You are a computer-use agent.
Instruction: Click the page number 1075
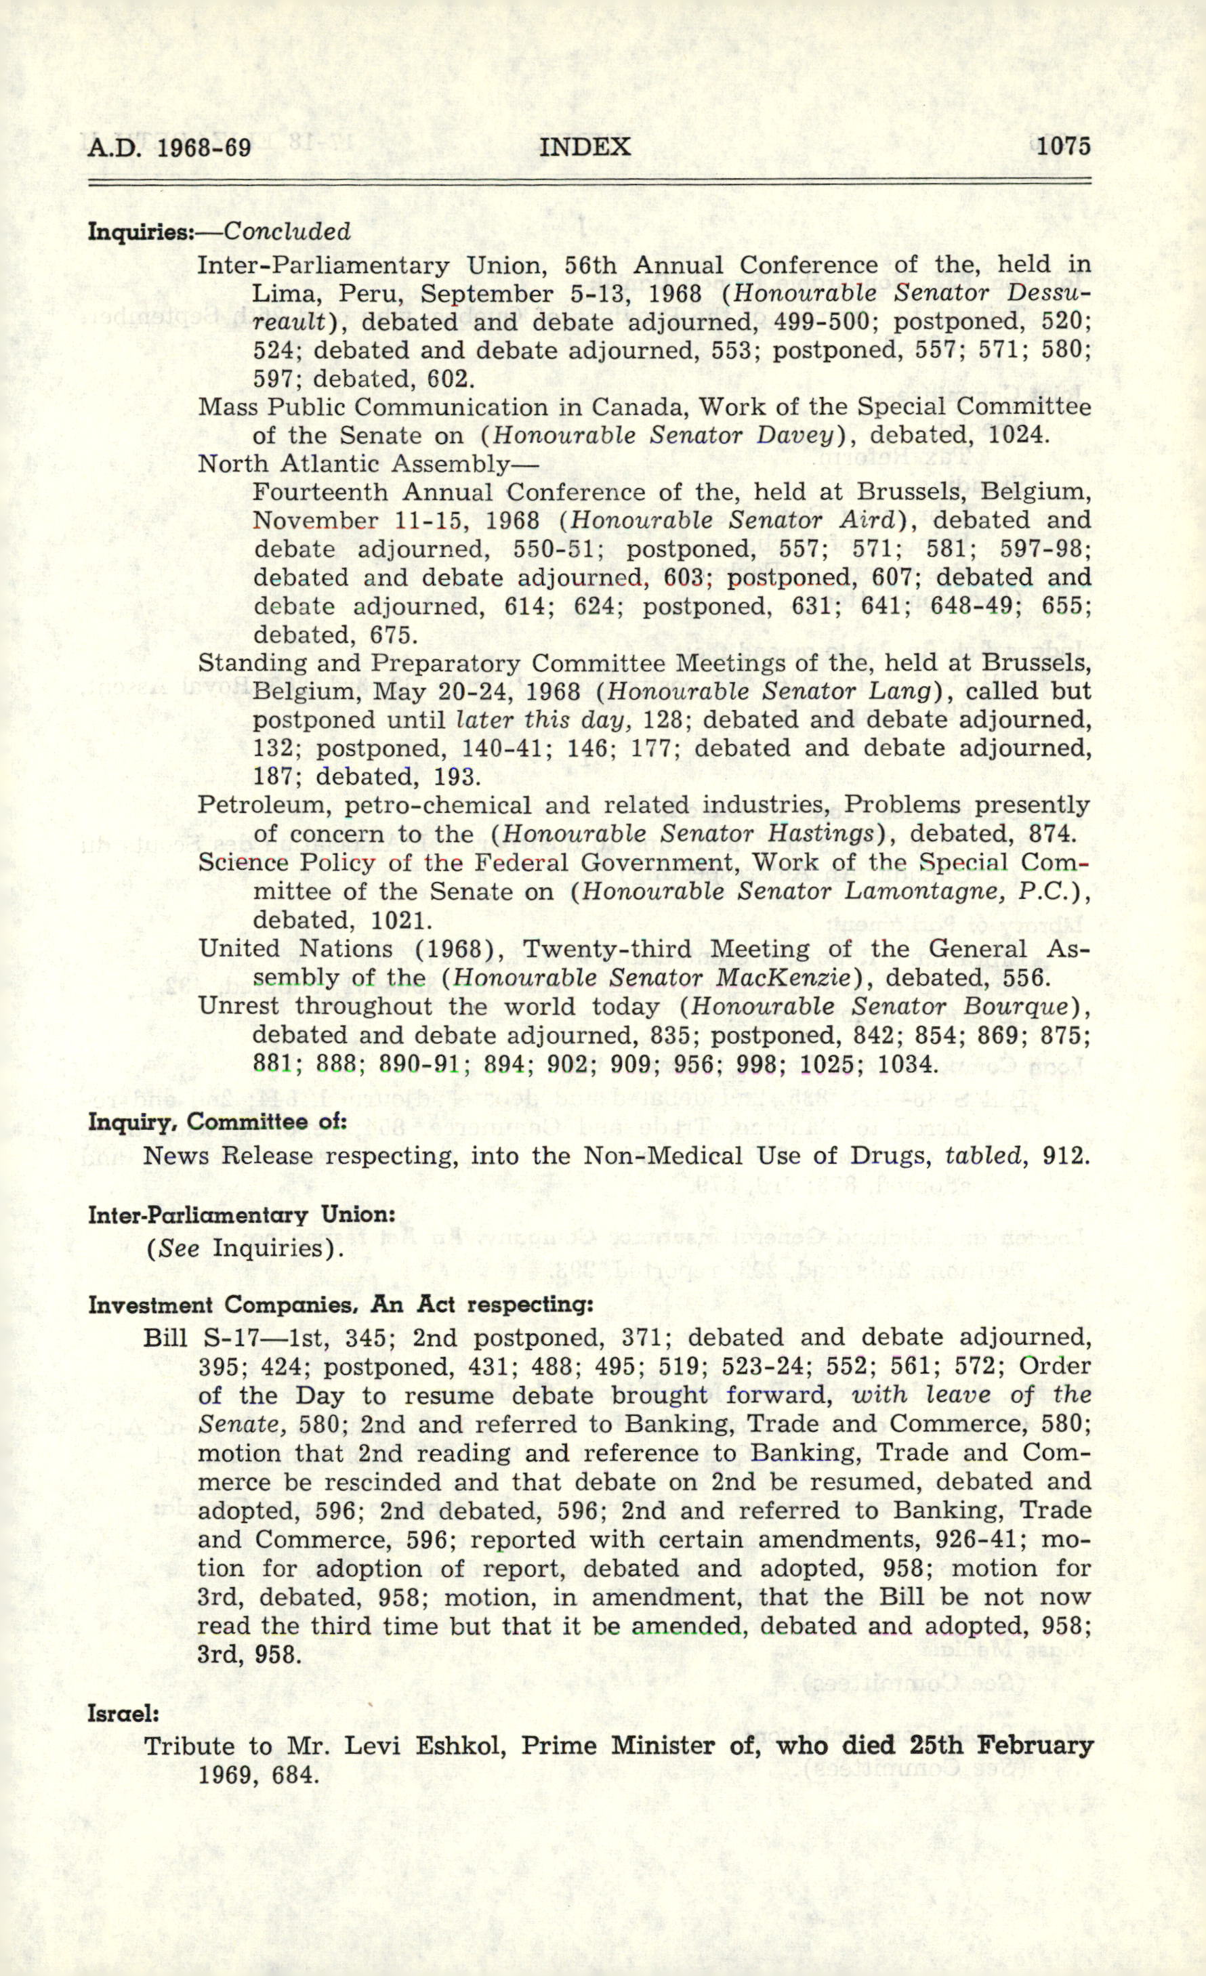pos(1063,147)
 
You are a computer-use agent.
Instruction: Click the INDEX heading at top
pos(585,147)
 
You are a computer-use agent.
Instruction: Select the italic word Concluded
pos(287,232)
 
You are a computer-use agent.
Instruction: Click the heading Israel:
pos(123,1714)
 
